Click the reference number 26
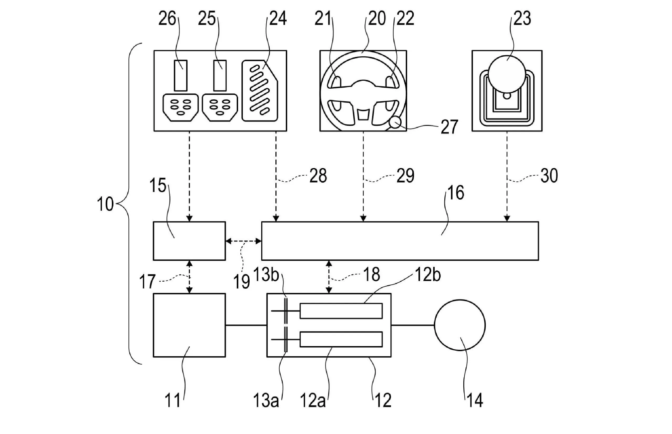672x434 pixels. tap(167, 19)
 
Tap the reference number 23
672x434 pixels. tap(522, 19)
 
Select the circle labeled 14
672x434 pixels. tap(460, 325)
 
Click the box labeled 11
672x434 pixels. tap(189, 325)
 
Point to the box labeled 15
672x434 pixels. tap(189, 241)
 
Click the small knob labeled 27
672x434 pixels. tap(395, 122)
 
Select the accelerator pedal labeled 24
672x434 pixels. tap(260, 91)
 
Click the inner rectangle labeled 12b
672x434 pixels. tap(341, 311)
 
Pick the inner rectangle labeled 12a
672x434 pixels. tap(341, 339)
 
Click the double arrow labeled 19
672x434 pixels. tap(243, 241)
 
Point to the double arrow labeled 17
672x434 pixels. tap(190, 277)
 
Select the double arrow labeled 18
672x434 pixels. tap(329, 277)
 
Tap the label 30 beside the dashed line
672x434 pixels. tap(549, 176)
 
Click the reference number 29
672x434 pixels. tap(405, 176)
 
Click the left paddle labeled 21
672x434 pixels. tap(336, 83)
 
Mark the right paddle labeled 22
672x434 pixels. tap(390, 83)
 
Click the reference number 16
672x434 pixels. tap(456, 193)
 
